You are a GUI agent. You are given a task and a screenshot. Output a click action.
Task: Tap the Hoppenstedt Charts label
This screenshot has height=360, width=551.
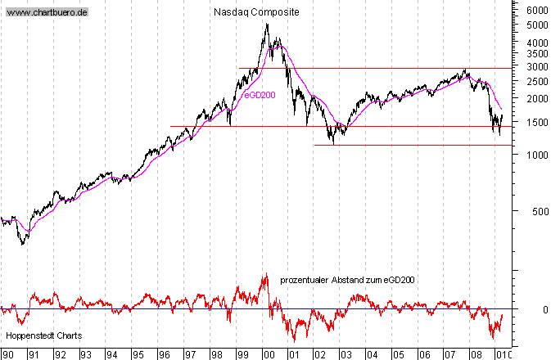(x=42, y=336)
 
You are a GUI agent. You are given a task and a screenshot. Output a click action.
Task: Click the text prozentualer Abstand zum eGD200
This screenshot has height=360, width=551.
(x=347, y=280)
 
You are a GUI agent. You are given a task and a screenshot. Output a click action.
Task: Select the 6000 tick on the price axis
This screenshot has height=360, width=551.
(x=537, y=11)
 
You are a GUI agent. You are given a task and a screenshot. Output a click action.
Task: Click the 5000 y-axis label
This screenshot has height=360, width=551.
(x=537, y=25)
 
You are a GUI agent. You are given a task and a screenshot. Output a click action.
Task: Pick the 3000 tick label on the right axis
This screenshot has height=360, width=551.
(x=537, y=66)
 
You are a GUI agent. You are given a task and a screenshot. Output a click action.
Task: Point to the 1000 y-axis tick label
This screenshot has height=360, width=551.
(x=537, y=155)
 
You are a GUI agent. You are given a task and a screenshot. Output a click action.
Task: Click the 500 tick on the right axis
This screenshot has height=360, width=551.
(x=540, y=211)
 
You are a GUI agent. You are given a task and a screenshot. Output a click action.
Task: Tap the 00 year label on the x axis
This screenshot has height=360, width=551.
(x=268, y=354)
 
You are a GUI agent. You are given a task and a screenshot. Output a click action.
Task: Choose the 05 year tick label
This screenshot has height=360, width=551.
(x=398, y=354)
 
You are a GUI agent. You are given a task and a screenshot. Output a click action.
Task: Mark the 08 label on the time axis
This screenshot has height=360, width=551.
(x=476, y=354)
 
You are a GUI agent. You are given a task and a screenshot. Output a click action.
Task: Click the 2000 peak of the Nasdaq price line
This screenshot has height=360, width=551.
(x=267, y=25)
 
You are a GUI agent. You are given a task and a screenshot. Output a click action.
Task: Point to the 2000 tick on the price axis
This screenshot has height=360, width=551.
(x=537, y=99)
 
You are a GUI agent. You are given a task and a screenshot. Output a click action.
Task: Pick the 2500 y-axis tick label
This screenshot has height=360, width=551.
(x=537, y=81)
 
